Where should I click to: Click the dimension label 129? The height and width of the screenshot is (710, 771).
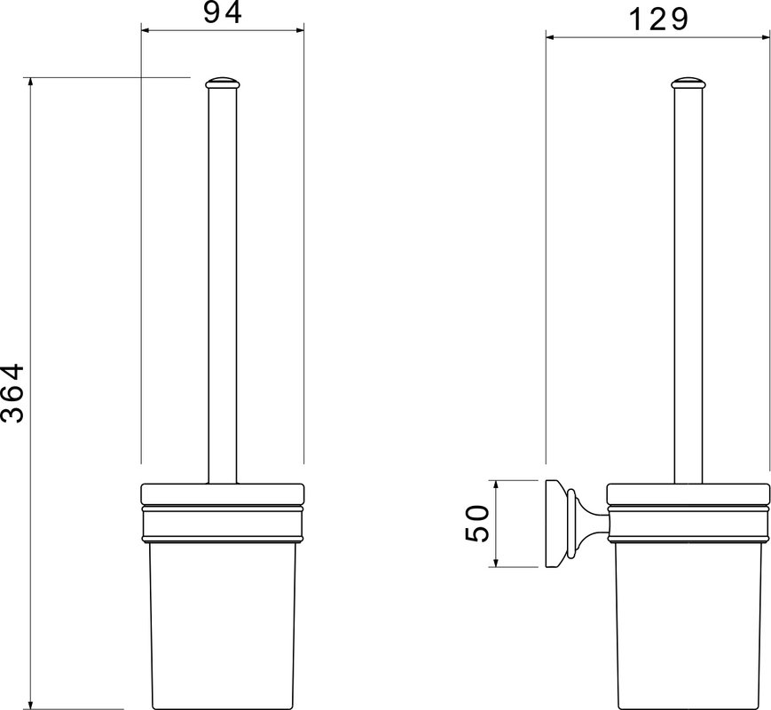[x=659, y=20]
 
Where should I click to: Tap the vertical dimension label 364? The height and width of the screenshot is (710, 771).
[x=12, y=393]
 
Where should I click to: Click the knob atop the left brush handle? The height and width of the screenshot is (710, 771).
[x=223, y=83]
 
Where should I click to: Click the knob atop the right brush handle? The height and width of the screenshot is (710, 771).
[x=688, y=83]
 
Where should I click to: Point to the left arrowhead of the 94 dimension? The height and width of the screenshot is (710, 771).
[x=146, y=30]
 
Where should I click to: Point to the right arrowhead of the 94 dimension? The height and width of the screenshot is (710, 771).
[x=300, y=30]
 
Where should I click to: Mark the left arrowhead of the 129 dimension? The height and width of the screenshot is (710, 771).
[x=551, y=37]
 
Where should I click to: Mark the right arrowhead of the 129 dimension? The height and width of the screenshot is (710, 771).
[x=765, y=37]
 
